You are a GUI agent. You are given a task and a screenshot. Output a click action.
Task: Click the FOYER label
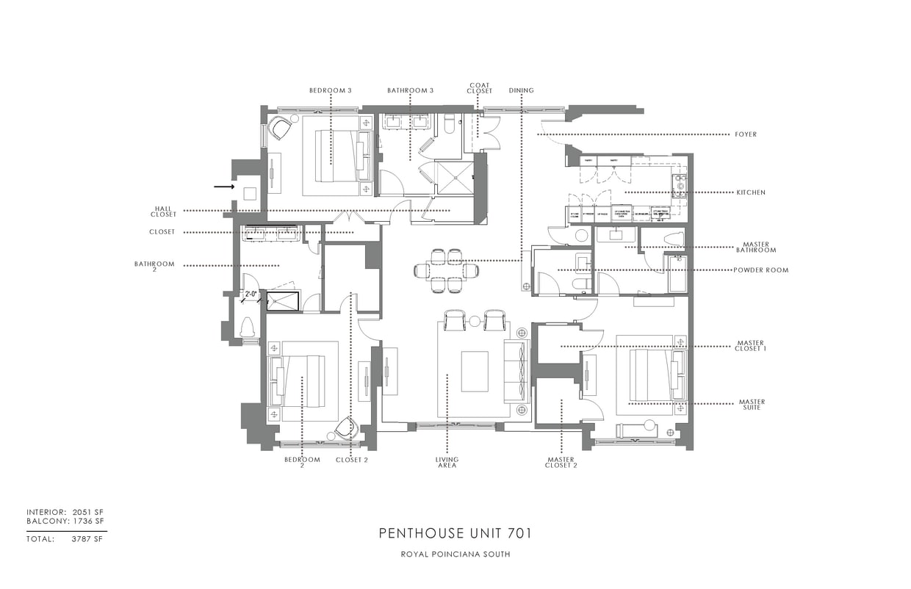click(x=745, y=134)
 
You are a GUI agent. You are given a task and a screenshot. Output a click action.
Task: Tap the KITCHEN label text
click(x=751, y=192)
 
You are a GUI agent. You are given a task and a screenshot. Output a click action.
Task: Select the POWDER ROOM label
click(x=760, y=270)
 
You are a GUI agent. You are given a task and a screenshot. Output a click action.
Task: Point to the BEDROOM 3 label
click(x=330, y=90)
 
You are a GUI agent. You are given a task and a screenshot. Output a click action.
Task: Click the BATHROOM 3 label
click(x=411, y=90)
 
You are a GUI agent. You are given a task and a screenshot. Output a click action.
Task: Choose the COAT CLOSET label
click(x=479, y=88)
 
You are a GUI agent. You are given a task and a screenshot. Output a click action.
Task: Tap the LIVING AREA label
click(x=447, y=463)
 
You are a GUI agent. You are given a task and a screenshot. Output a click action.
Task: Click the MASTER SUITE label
click(x=752, y=405)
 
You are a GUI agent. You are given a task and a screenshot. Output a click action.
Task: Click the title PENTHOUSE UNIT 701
click(x=455, y=533)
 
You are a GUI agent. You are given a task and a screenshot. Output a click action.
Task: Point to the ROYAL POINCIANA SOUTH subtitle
click(x=455, y=554)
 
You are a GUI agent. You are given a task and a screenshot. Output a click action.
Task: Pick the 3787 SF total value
click(x=87, y=539)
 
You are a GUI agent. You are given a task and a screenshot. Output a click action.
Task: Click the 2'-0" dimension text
click(x=251, y=294)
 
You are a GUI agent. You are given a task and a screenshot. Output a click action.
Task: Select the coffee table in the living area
click(x=474, y=372)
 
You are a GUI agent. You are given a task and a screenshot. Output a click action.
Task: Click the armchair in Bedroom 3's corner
click(x=280, y=129)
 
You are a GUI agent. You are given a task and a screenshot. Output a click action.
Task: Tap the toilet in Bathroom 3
click(x=450, y=125)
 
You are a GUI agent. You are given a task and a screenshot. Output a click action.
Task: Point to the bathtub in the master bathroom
click(x=676, y=273)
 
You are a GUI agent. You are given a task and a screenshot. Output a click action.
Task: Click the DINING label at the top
click(x=521, y=90)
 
